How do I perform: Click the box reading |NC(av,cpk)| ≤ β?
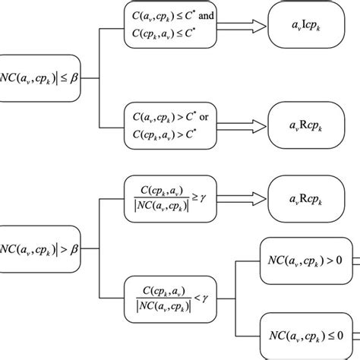[x=42, y=75]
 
